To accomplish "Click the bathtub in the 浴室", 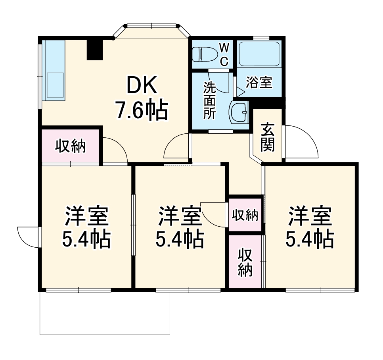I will coord(259,54).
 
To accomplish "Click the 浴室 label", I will coord(259,82).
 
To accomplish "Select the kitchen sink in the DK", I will coord(55,85).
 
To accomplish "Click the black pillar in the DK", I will coord(95,49).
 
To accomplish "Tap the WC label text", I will coord(224,54).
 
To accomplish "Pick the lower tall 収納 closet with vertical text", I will coord(245,262).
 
